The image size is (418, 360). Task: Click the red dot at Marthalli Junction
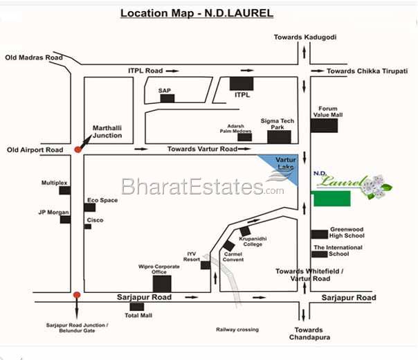(x=78, y=149)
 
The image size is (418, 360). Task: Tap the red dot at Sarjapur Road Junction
(x=77, y=295)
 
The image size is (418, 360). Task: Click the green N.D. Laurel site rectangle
(x=331, y=199)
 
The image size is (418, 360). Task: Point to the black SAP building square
(x=167, y=98)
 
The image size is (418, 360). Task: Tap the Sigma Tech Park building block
(x=279, y=136)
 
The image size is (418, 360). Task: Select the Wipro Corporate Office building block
(x=162, y=283)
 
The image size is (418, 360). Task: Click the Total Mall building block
(x=137, y=306)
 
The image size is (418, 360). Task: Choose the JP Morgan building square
(x=65, y=219)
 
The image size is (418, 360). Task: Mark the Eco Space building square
(x=89, y=207)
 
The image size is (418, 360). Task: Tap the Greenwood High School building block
(x=319, y=234)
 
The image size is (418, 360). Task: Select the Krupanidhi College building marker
(x=244, y=231)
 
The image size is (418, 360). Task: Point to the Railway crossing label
(x=237, y=330)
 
